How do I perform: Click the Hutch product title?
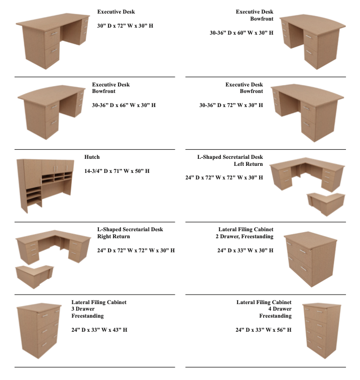pos(92,157)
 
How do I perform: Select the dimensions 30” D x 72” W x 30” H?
pos(125,26)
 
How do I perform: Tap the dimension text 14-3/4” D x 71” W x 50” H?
pos(117,171)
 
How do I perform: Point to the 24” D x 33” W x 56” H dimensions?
pos(264,330)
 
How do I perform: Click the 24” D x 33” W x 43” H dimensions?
pos(99,330)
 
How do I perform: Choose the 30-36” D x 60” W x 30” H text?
pos(242,33)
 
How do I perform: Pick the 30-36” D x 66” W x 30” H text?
pos(124,105)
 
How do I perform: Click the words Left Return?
pos(248,164)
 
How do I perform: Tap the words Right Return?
pos(113,236)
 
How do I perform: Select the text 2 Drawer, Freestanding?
pos(245,236)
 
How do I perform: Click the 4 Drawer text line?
pos(280,309)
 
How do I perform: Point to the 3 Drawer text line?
pos(83,309)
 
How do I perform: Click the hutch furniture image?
pos(45,185)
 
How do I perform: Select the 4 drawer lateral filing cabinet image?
pos(322,331)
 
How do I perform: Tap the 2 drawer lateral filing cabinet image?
pos(311,259)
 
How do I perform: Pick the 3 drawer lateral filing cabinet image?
pos(39,331)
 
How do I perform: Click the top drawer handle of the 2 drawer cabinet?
pos(303,251)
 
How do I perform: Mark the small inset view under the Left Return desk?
pos(326,204)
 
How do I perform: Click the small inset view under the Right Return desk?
pos(35,277)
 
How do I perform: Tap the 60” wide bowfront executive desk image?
pos(313,42)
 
